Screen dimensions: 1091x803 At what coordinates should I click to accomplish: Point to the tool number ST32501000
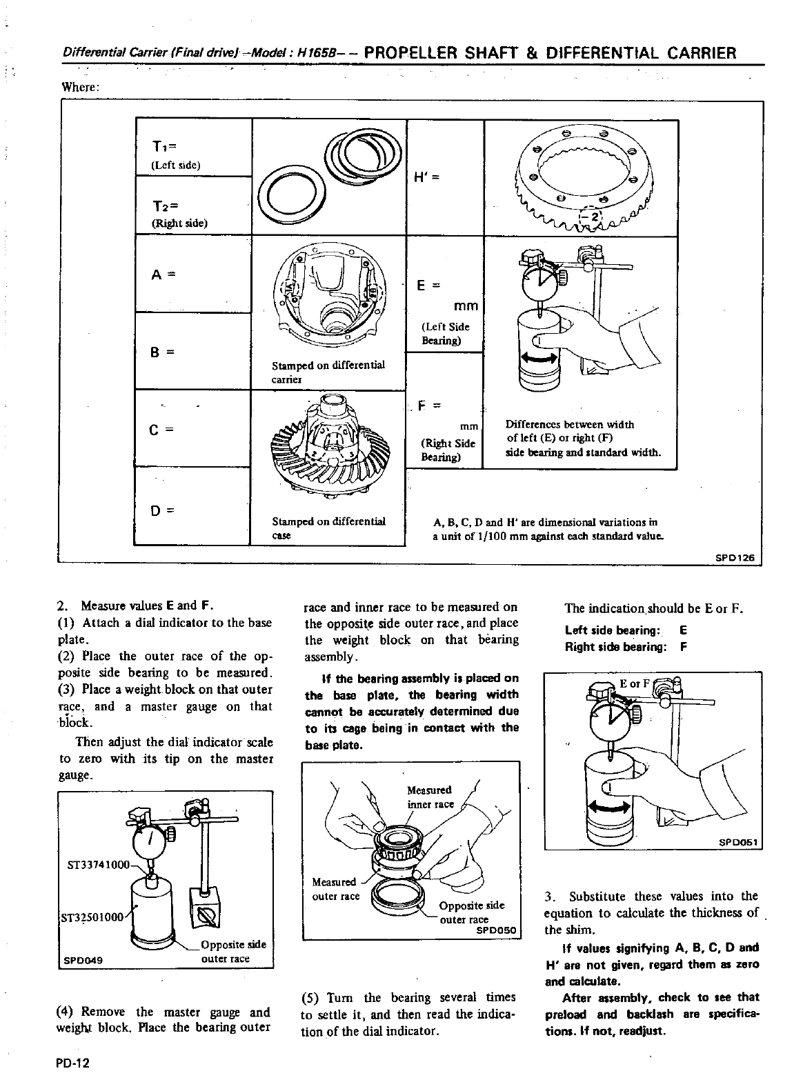point(93,917)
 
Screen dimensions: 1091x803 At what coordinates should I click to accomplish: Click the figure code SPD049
point(81,959)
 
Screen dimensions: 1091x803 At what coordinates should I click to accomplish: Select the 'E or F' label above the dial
point(635,684)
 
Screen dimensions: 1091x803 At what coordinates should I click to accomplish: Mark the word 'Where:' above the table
point(81,87)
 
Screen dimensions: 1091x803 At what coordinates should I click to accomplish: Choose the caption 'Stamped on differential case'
point(328,528)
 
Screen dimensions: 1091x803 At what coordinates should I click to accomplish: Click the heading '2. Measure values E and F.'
point(135,606)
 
